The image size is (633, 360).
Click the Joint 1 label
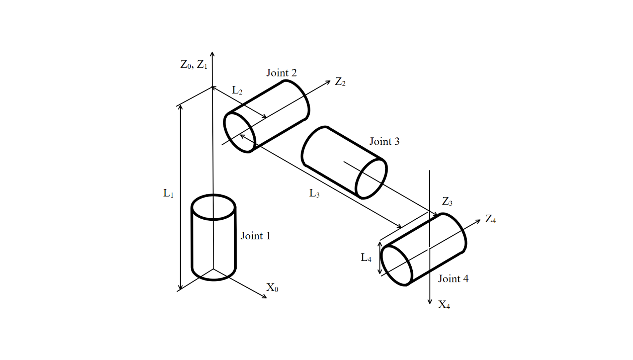[255, 236]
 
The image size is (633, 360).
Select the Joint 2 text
[281, 73]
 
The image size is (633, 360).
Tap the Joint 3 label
[384, 141]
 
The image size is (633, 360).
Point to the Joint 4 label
[453, 278]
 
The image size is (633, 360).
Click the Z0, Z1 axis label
[194, 64]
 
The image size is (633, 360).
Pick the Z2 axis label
[340, 82]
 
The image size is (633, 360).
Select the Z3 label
[447, 202]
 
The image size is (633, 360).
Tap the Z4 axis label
[490, 219]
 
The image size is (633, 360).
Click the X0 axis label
[272, 287]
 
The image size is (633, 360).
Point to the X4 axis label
[444, 305]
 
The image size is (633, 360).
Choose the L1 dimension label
[168, 193]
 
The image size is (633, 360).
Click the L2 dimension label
[237, 90]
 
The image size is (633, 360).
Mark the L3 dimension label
[314, 193]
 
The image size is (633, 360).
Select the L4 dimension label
[366, 257]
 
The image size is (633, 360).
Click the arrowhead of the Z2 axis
[328, 83]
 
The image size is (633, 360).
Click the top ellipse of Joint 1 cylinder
[213, 207]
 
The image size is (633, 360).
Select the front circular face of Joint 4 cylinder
[396, 265]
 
